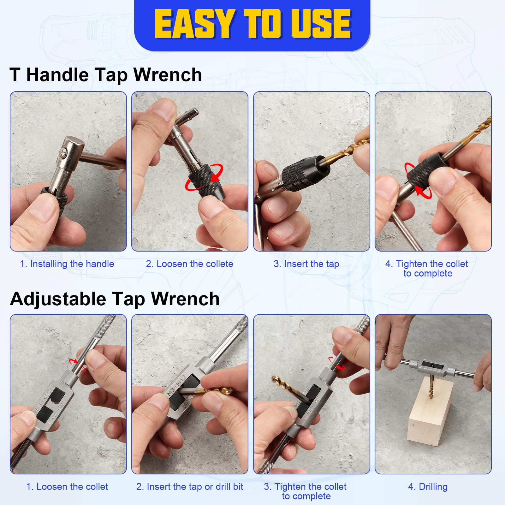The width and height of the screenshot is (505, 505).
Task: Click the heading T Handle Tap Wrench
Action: (x=106, y=75)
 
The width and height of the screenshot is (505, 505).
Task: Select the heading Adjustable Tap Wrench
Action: (x=115, y=299)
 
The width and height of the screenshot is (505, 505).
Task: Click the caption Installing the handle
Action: (x=67, y=264)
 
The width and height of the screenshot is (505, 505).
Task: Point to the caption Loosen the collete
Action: (x=189, y=264)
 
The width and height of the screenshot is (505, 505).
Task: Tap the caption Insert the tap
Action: (x=306, y=264)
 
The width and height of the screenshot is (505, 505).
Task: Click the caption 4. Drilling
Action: (x=428, y=486)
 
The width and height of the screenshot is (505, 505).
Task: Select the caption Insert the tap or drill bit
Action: (x=190, y=486)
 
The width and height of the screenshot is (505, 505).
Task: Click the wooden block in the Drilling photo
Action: (x=431, y=412)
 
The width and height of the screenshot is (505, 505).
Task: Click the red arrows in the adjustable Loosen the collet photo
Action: (x=77, y=365)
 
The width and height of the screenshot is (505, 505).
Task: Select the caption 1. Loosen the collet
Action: (x=67, y=486)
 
